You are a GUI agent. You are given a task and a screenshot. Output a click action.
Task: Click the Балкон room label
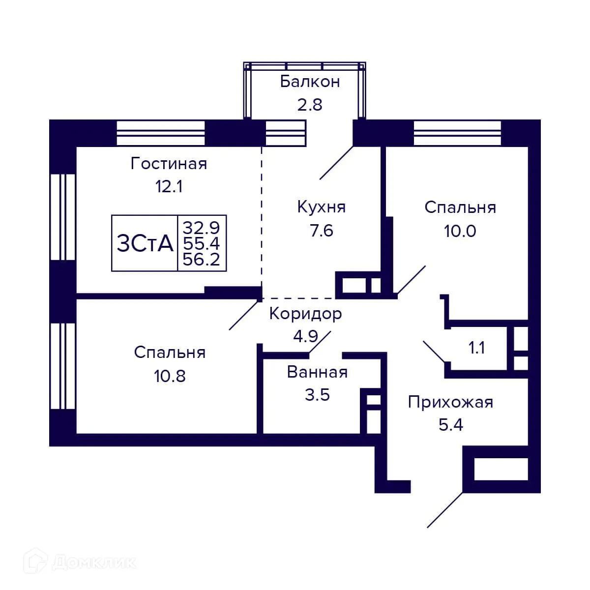click(310, 82)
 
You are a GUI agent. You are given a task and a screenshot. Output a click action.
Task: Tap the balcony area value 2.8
click(310, 104)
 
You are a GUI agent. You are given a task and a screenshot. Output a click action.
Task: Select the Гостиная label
click(169, 164)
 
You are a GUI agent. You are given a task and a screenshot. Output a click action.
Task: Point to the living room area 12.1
click(169, 187)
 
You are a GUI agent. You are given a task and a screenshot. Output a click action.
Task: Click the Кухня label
click(322, 207)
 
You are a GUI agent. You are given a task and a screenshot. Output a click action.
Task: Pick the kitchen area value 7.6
click(322, 230)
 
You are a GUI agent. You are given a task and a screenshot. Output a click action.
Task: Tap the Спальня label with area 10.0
click(460, 207)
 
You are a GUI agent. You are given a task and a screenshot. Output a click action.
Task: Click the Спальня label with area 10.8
click(170, 353)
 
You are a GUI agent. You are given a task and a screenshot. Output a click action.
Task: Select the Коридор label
click(305, 314)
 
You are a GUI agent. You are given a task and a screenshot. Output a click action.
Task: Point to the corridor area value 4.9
click(305, 336)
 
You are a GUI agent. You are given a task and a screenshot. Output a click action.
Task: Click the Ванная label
click(317, 372)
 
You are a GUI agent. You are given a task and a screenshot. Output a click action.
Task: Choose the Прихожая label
click(450, 402)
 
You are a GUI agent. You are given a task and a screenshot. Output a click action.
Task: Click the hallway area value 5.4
click(450, 424)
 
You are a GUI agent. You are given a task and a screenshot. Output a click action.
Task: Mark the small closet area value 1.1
click(476, 348)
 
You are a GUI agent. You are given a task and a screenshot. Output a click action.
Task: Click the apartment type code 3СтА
click(145, 243)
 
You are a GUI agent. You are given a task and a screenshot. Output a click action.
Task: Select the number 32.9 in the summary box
click(202, 228)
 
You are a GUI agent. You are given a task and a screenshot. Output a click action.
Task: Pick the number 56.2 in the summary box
click(202, 260)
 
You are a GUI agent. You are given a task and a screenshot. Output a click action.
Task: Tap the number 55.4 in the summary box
click(202, 243)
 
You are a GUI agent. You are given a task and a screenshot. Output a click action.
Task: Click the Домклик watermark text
click(93, 562)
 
